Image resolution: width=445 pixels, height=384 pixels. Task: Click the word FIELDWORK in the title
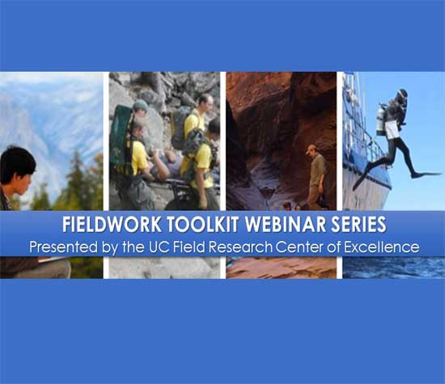coord(112,224)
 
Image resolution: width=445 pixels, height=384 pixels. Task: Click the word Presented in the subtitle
coord(64,247)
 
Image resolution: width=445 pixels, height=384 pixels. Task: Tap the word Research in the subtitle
coord(240,247)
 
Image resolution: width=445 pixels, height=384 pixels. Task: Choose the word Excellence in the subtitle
coord(382,247)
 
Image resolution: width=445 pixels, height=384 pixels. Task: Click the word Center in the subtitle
coord(299,247)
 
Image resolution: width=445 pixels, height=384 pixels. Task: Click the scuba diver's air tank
coord(380,121)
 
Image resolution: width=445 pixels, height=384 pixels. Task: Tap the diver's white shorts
coord(392,129)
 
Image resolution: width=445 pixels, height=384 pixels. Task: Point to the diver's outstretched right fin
coord(426,175)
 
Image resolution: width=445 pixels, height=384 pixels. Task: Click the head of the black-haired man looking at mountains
coord(17,169)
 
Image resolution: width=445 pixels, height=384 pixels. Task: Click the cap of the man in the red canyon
coord(311,148)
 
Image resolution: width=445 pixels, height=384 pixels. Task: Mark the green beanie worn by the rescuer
coord(140,106)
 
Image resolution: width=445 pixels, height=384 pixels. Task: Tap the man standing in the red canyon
coord(316,177)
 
